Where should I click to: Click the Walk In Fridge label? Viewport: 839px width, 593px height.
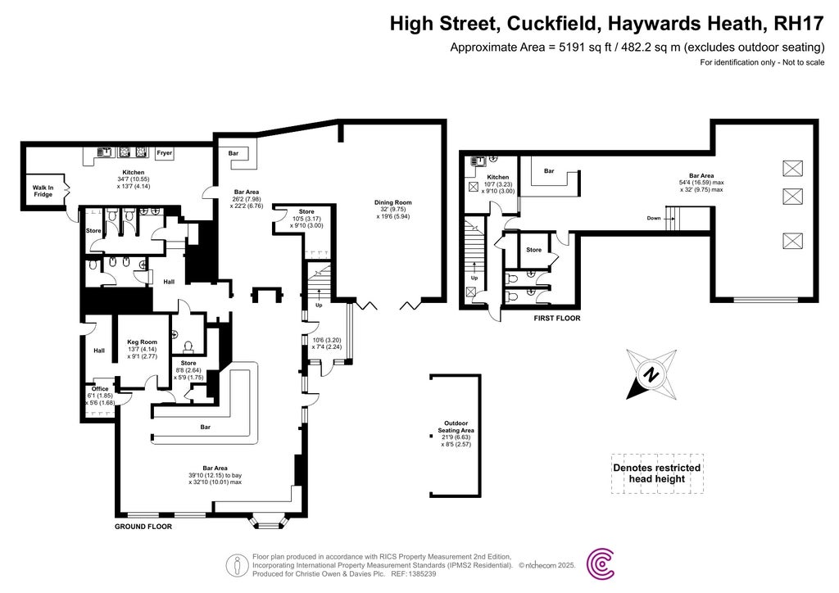click(43, 192)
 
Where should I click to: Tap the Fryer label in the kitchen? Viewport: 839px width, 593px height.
click(165, 152)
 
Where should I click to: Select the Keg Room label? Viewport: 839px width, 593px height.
click(143, 342)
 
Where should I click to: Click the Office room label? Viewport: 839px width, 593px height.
click(100, 389)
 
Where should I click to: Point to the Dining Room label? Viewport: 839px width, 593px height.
click(393, 202)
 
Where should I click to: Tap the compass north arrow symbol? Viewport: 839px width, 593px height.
click(651, 376)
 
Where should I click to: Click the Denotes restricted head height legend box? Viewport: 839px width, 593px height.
click(657, 473)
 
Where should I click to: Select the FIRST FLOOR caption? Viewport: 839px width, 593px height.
click(556, 317)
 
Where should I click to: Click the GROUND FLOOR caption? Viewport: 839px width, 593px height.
click(143, 527)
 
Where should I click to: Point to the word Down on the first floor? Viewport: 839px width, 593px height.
click(653, 219)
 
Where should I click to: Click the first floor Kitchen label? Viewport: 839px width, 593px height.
click(498, 177)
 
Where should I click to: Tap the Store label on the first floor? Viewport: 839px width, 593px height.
click(533, 250)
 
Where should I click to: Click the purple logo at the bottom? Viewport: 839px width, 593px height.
click(603, 565)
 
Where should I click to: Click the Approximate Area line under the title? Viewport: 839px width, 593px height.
click(637, 48)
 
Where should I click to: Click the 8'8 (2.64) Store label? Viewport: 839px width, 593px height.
click(188, 363)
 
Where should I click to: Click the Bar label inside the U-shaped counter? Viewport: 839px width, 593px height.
click(206, 427)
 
